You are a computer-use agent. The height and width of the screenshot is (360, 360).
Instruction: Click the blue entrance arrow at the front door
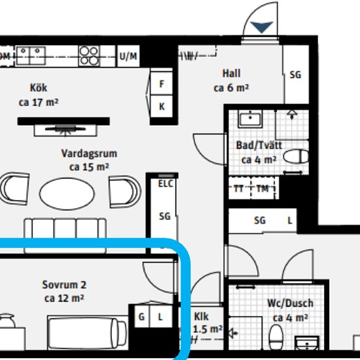(x=262, y=27)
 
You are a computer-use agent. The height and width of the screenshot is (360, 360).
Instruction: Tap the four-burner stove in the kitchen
(x=89, y=56)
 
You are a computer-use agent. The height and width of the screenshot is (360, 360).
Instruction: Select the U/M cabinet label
(x=128, y=56)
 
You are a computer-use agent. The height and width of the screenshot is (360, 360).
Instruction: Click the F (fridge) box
(x=162, y=83)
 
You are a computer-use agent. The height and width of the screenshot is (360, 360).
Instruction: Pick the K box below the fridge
(x=162, y=106)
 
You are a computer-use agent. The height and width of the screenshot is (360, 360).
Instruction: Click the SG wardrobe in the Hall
(x=296, y=75)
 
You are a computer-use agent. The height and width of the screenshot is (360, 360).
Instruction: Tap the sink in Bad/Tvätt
(x=250, y=118)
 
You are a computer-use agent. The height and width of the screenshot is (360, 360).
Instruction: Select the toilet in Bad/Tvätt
(x=296, y=156)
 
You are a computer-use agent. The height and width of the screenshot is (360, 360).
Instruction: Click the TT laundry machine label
(x=239, y=189)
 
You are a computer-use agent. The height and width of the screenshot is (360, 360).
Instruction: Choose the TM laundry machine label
(x=262, y=189)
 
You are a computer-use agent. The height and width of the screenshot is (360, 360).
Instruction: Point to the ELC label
(x=166, y=184)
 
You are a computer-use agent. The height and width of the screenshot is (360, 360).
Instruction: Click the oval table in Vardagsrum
(x=67, y=194)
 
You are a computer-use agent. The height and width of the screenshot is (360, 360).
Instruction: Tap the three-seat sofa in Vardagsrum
(x=65, y=236)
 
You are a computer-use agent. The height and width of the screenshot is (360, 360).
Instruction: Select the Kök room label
(x=39, y=88)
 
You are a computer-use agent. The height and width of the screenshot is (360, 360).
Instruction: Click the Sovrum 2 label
(x=64, y=285)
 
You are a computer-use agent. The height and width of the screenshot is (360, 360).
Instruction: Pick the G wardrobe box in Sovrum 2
(x=141, y=316)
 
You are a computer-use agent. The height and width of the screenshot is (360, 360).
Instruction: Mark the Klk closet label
(x=202, y=317)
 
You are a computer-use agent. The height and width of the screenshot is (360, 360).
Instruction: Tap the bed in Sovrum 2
(x=88, y=333)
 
